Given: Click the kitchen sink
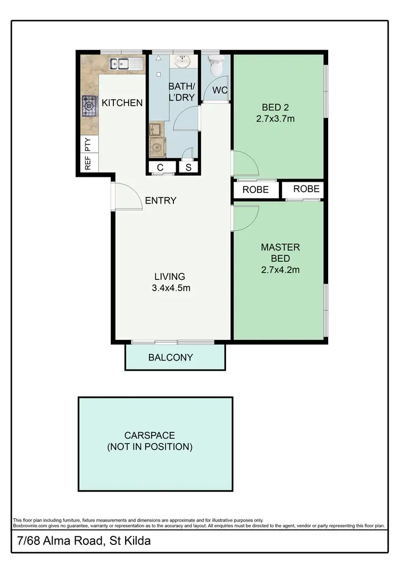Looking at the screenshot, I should click(x=126, y=65).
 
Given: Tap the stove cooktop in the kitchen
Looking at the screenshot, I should click(x=88, y=105).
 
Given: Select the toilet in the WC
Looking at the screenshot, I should click(x=217, y=67).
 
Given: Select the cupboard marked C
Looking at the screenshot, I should click(x=160, y=168).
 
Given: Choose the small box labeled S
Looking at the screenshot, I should click(x=188, y=168).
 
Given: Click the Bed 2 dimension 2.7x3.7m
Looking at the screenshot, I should click(x=275, y=119).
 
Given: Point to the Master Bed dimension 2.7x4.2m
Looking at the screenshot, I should click(x=280, y=269).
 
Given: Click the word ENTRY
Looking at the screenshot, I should click(x=160, y=200).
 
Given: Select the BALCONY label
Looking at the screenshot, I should click(x=170, y=357).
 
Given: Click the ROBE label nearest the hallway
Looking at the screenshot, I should click(x=255, y=190).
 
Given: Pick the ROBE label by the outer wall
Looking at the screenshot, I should click(x=306, y=189).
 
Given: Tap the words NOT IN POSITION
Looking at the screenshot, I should click(x=149, y=447).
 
